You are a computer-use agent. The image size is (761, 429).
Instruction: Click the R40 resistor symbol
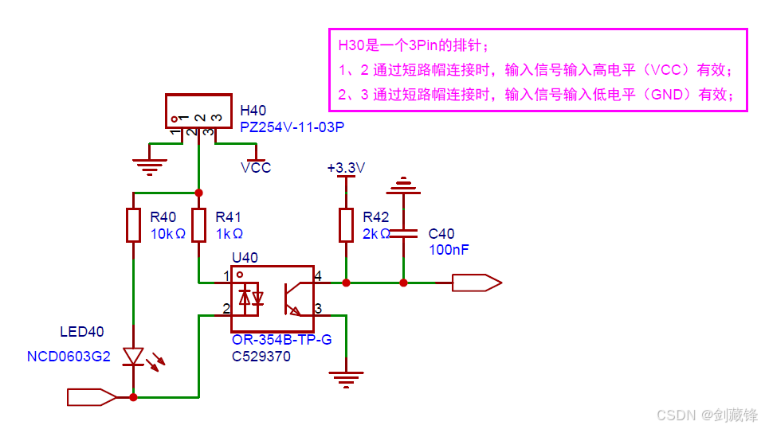point(133,225)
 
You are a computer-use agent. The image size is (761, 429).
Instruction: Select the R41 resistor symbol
point(199,225)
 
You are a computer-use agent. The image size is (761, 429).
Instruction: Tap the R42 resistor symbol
point(346,225)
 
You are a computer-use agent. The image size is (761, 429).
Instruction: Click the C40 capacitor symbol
point(403,234)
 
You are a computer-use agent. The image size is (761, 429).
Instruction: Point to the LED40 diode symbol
point(133,357)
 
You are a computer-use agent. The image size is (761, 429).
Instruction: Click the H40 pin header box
point(198,111)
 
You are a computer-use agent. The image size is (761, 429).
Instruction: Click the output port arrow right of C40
point(477,283)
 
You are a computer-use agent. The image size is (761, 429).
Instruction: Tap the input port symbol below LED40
point(92,397)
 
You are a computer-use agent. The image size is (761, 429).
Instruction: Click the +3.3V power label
point(346,168)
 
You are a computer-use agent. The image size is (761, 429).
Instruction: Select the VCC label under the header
point(256,168)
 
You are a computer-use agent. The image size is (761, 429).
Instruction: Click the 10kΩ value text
point(168,234)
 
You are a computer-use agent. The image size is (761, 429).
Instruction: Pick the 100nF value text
point(449,250)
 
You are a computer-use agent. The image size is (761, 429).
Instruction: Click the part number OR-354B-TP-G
point(282,339)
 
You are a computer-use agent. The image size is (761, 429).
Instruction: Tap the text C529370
point(261,357)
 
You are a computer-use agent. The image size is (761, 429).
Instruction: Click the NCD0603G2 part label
point(69,357)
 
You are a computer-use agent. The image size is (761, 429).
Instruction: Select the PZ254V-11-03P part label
point(292,127)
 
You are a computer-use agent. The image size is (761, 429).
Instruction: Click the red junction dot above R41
point(199,193)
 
